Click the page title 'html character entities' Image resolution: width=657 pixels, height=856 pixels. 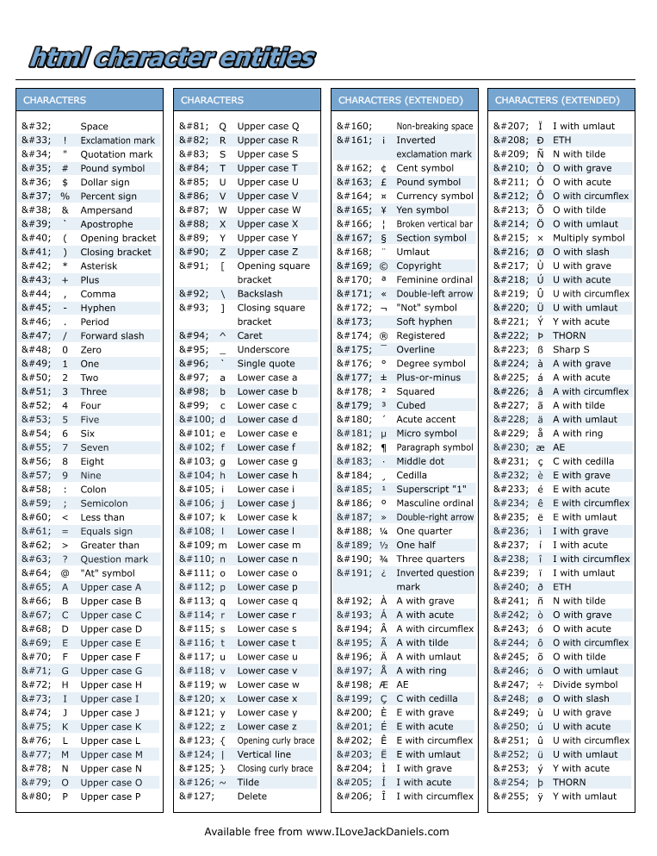pyautogui.click(x=172, y=58)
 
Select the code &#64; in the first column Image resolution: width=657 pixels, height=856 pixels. pyautogui.click(x=37, y=573)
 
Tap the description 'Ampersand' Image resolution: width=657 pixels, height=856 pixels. pyautogui.click(x=107, y=210)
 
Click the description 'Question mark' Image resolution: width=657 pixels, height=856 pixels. pyautogui.click(x=114, y=559)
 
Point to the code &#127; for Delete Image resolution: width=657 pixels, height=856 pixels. pyautogui.click(x=195, y=797)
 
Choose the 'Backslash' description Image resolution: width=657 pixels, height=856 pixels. pyautogui.click(x=260, y=294)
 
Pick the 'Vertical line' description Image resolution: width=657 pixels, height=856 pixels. pyautogui.click(x=264, y=754)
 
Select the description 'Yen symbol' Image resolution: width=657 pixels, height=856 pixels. pyautogui.click(x=422, y=210)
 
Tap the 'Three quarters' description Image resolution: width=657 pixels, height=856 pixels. pyautogui.click(x=431, y=559)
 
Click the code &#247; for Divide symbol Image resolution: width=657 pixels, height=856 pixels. pyautogui.click(x=510, y=684)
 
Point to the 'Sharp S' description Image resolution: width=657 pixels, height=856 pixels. pyautogui.click(x=571, y=350)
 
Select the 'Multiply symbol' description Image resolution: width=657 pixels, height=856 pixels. pyautogui.click(x=588, y=238)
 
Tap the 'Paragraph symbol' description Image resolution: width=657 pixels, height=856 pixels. pyautogui.click(x=435, y=447)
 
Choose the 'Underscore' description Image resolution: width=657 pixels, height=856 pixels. pyautogui.click(x=263, y=350)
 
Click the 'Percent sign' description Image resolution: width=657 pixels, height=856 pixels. pyautogui.click(x=108, y=197)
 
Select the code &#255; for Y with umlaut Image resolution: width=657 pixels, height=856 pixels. pyautogui.click(x=510, y=797)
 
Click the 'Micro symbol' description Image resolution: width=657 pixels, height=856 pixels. pyautogui.click(x=426, y=434)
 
